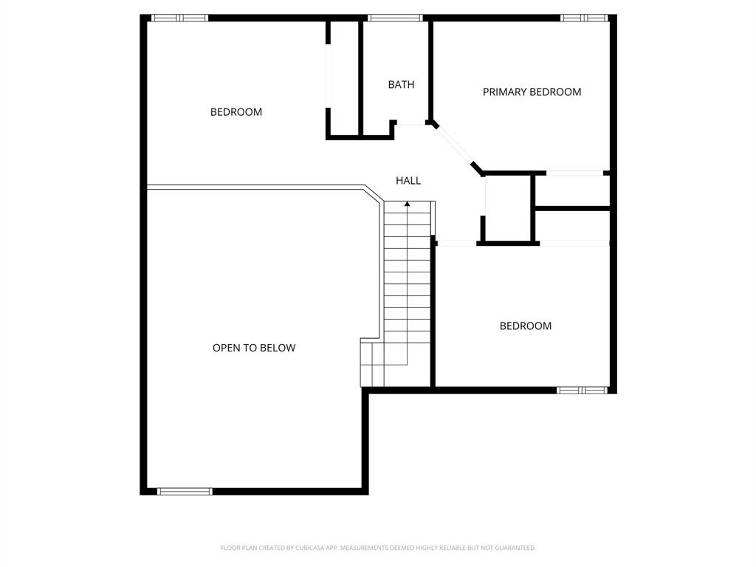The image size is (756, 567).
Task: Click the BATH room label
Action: pyautogui.click(x=401, y=84)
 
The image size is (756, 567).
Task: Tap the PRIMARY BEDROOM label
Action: pyautogui.click(x=532, y=92)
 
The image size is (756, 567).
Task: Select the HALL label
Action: pyautogui.click(x=408, y=180)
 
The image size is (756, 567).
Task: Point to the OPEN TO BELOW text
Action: pyautogui.click(x=254, y=348)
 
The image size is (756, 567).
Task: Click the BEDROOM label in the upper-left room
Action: pyautogui.click(x=236, y=112)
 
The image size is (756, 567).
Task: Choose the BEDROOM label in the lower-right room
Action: pyautogui.click(x=525, y=326)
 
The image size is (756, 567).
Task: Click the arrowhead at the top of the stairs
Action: pyautogui.click(x=407, y=204)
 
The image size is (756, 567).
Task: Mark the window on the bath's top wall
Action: pyautogui.click(x=395, y=18)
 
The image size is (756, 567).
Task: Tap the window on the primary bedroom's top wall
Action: pyautogui.click(x=583, y=18)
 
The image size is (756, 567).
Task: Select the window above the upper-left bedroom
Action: pyautogui.click(x=179, y=18)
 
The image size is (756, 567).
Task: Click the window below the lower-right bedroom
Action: pyautogui.click(x=582, y=390)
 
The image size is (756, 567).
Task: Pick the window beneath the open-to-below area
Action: pyautogui.click(x=185, y=491)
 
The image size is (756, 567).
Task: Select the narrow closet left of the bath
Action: pyautogui.click(x=344, y=78)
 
